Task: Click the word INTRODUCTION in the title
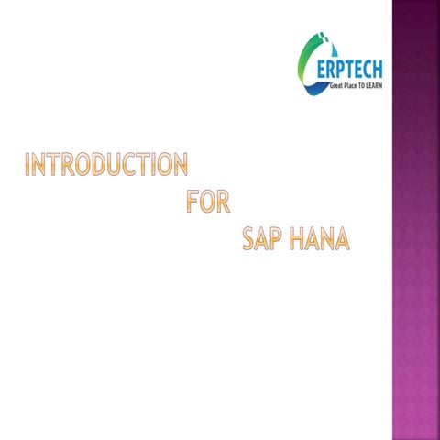106,165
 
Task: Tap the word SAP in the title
263,238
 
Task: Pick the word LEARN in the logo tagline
372,84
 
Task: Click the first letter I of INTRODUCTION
28,165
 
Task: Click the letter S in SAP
248,238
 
